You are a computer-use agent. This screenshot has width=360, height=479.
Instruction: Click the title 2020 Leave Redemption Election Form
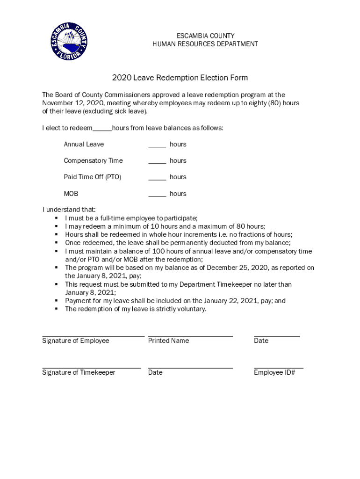pyautogui.click(x=180, y=78)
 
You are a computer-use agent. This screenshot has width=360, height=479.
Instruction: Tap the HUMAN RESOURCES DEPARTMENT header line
pyautogui.click(x=205, y=44)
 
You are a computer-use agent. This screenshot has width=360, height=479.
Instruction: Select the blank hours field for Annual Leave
pyautogui.click(x=157, y=145)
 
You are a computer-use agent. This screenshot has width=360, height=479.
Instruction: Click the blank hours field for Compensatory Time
pyautogui.click(x=157, y=161)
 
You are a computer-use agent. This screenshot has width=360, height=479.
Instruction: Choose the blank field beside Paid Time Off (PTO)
pyautogui.click(x=157, y=178)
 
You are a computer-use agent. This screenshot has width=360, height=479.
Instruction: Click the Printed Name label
pyautogui.click(x=168, y=341)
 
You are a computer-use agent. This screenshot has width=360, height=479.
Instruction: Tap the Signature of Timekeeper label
pyautogui.click(x=79, y=373)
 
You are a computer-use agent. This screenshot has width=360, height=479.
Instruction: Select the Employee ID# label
pyautogui.click(x=274, y=373)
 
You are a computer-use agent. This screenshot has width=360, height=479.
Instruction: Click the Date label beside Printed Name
pyautogui.click(x=261, y=341)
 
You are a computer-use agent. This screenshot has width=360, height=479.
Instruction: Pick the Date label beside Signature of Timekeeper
pyautogui.click(x=155, y=373)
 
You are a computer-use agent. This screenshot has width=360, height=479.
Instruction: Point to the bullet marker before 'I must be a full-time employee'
pyautogui.click(x=56, y=218)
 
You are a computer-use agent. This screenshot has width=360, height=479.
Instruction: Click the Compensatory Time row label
pyautogui.click(x=93, y=161)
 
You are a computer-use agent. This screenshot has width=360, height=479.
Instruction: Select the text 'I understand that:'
pyautogui.click(x=69, y=210)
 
